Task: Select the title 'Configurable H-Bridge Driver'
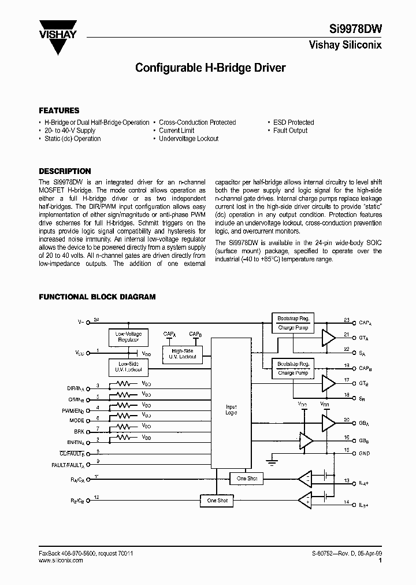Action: pos(210,68)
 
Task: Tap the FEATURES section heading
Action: pos(59,110)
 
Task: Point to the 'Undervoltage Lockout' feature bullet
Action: pos(188,139)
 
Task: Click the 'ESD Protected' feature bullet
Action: pos(293,123)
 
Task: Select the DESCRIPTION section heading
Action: pos(65,171)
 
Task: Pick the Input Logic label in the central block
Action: pos(231,410)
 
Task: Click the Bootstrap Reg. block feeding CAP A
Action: pos(293,319)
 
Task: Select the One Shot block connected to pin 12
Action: pos(217,501)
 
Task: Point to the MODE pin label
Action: pos(76,420)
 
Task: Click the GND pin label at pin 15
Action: pos(364,453)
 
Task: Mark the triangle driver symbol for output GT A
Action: pos(328,337)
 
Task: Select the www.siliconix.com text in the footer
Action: pos(60,561)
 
